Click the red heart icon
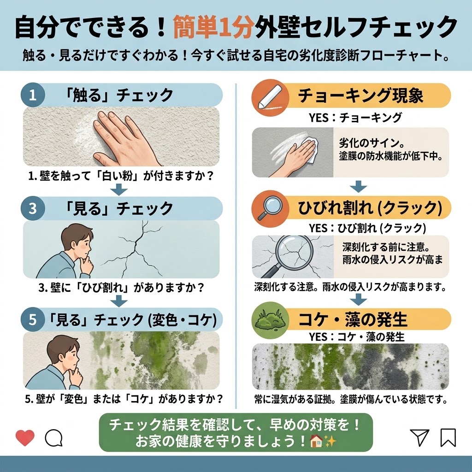coord(25,438)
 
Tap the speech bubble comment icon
coord(53,438)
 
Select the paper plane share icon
coord(419,437)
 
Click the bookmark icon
coord(448,437)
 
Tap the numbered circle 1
coord(33,95)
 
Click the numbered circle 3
coord(33,208)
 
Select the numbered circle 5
coord(33,319)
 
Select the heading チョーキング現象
coord(360,95)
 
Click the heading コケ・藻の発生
coord(353,319)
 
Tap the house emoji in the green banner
coord(316,441)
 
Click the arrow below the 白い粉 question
coord(119,190)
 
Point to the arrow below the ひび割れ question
coord(119,301)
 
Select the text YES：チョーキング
coord(355,118)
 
